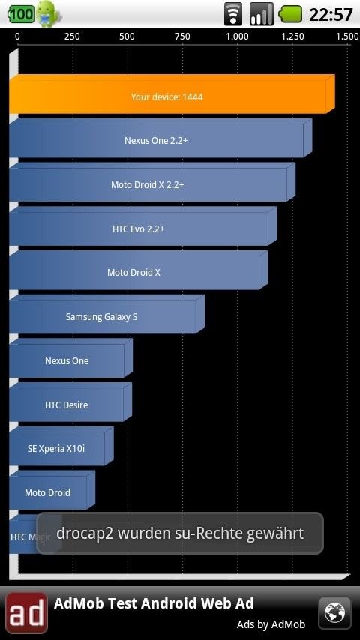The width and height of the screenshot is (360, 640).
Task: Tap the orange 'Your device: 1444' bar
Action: pos(172,94)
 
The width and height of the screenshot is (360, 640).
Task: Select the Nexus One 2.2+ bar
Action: pos(160,139)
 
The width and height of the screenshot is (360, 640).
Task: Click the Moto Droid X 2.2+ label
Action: pos(148,185)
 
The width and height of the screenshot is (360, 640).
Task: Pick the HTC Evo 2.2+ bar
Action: pos(142,226)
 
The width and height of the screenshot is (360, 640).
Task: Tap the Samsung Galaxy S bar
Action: pos(106,314)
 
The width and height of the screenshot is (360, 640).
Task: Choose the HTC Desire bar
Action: pos(70,402)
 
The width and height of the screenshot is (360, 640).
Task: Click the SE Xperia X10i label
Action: pos(56,449)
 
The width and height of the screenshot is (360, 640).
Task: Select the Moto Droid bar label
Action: pos(47,492)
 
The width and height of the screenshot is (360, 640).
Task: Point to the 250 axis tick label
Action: pos(72,37)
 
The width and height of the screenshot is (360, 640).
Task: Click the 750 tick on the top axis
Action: pos(182,37)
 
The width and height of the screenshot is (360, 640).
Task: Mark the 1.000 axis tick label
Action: pos(238,37)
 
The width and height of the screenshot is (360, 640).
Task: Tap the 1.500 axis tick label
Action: pos(347,37)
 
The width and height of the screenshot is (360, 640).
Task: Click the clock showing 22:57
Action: pos(331,15)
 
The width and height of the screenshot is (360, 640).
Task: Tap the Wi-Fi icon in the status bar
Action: pos(233,14)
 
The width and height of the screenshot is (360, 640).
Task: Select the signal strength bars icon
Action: pos(261,14)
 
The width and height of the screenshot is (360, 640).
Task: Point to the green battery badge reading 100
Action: pos(21,14)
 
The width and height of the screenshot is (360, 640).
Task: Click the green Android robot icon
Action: pos(48,14)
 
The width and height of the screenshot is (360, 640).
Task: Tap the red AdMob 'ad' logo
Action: pos(26,613)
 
